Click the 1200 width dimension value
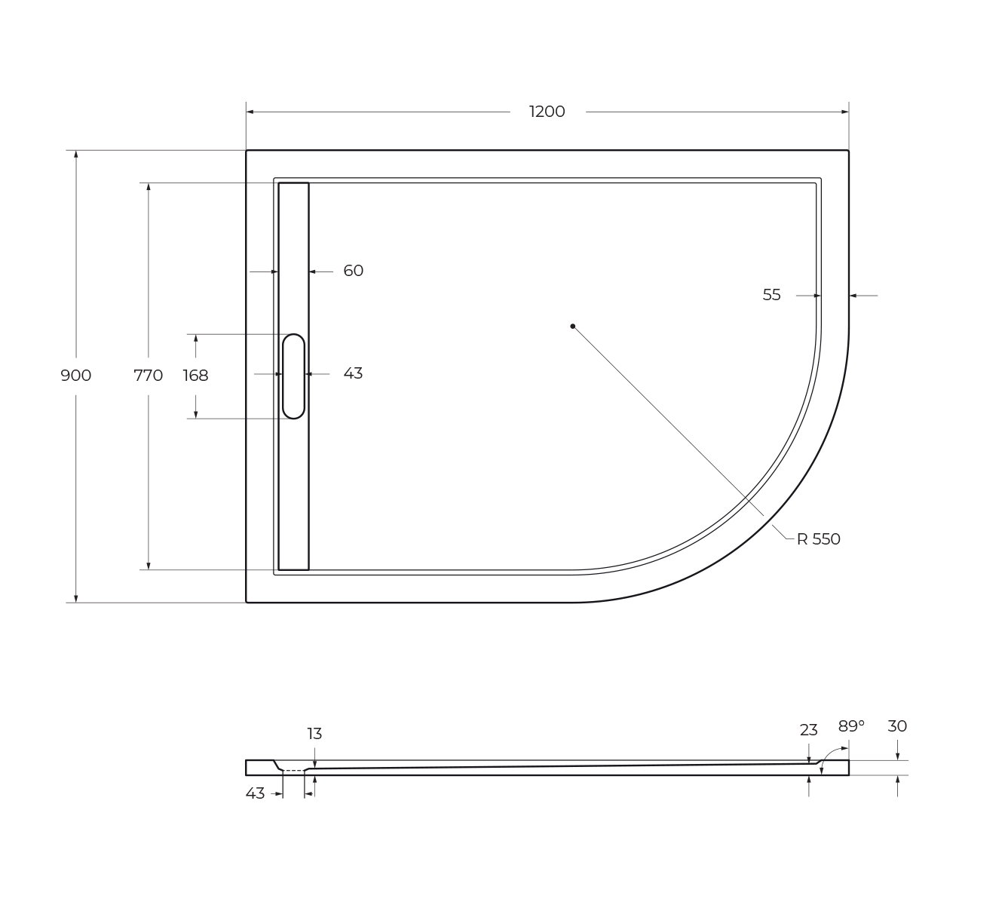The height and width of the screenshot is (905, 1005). [x=547, y=112]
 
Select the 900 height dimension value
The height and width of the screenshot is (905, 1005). [x=76, y=376]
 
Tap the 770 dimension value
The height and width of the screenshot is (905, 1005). [x=148, y=376]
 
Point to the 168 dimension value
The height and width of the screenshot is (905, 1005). [x=195, y=376]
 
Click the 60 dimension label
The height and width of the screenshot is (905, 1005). [x=353, y=271]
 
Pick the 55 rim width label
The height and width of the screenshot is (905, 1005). [x=771, y=295]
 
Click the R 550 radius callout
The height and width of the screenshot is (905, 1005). [x=818, y=539]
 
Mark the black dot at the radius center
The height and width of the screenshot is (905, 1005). [x=572, y=326]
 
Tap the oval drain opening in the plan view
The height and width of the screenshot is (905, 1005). [x=293, y=376]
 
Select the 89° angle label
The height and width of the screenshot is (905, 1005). [x=851, y=726]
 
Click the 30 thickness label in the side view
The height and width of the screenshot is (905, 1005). [x=897, y=726]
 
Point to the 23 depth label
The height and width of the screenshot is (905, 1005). [x=808, y=730]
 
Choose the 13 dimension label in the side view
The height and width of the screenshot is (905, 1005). [x=314, y=734]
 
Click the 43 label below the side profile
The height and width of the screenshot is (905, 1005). [x=255, y=793]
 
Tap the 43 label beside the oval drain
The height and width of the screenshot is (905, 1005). [x=353, y=373]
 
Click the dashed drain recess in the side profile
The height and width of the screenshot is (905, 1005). [x=293, y=770]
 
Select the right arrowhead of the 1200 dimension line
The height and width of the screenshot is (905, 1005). [x=845, y=112]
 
